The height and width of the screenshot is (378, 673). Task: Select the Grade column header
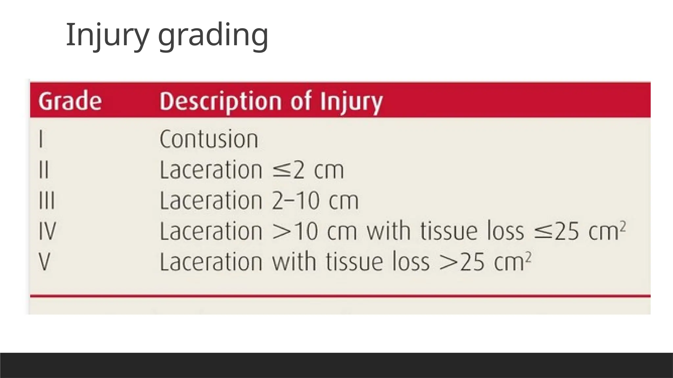(70, 101)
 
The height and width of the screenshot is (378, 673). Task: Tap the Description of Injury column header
(271, 101)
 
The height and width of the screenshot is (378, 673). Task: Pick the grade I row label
(41, 139)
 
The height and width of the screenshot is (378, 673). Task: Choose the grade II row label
(43, 170)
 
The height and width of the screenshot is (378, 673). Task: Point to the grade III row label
(46, 200)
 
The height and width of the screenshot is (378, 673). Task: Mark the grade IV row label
(47, 231)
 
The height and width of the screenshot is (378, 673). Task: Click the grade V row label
(45, 262)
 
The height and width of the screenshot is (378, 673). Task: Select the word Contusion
(209, 139)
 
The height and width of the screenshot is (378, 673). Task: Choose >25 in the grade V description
(461, 262)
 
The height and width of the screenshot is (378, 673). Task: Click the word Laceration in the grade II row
(211, 170)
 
